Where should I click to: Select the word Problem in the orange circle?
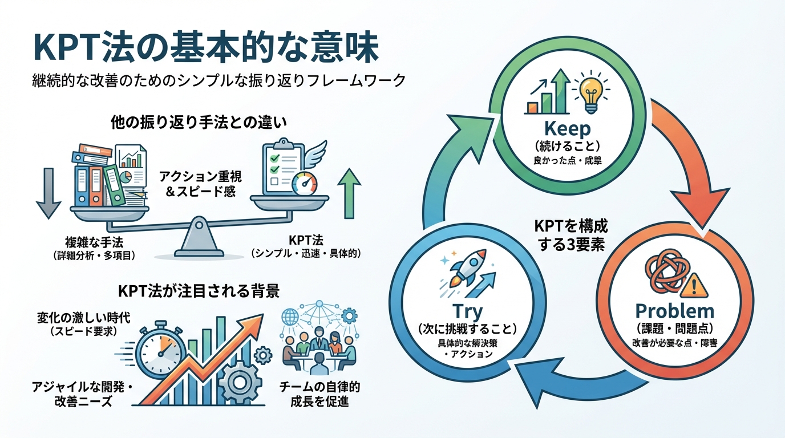click(674, 311)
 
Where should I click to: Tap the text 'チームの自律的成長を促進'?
click(319, 394)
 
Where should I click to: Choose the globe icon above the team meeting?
click(291, 316)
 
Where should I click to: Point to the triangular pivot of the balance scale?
click(197, 238)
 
